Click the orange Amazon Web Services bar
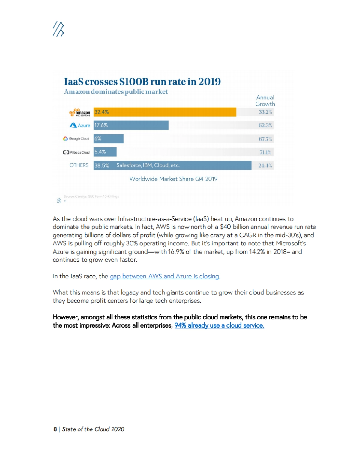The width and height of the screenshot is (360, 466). click(165, 112)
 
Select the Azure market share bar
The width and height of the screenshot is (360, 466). click(131, 125)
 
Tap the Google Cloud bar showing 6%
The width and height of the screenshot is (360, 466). click(109, 138)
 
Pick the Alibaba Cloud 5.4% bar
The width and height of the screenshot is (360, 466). click(105, 152)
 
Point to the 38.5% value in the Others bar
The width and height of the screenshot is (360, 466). click(102, 165)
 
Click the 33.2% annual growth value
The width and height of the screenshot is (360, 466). click(265, 112)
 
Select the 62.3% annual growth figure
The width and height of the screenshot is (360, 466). click(265, 125)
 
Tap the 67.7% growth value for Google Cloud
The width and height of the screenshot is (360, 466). click(265, 139)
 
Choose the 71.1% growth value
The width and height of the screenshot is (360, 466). click(265, 152)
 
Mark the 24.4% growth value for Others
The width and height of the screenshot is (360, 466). click(265, 165)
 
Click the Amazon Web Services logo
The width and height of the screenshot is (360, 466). click(80, 112)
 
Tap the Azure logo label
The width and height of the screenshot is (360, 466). click(80, 125)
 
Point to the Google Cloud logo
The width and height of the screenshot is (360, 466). click(76, 138)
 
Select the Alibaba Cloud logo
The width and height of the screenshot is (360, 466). click(76, 152)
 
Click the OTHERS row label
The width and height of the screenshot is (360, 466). click(79, 165)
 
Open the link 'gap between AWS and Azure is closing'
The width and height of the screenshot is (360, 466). click(164, 276)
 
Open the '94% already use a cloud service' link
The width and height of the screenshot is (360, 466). click(219, 325)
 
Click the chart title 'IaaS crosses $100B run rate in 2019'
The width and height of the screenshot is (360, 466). click(142, 82)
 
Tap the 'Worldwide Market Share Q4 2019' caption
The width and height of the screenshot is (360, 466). click(173, 179)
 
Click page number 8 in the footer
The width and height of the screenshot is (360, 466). click(55, 429)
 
